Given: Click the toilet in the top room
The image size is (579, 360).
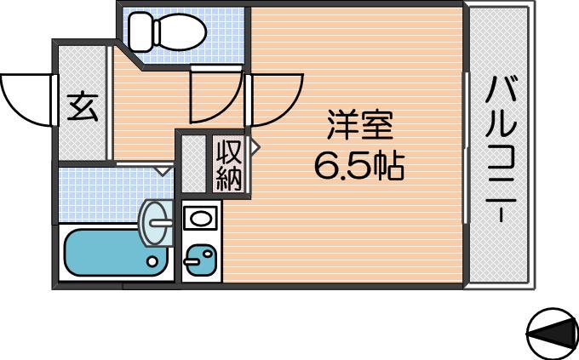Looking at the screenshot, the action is tap(167, 31).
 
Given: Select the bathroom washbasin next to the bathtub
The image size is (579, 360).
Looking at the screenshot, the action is tap(156, 223).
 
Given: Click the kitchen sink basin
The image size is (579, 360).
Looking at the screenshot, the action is tap(200, 218).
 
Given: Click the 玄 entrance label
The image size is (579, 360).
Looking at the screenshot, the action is tap(83, 107).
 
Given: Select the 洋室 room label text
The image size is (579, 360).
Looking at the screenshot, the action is tap(359, 125).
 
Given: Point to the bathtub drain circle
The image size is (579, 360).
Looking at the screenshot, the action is tap(152, 261).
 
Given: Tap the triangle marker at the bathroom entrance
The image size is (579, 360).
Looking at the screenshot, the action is tap(163, 170).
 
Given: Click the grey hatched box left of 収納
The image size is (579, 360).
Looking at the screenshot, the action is tap(193, 164).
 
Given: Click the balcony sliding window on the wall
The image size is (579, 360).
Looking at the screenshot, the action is tap(466, 148).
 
